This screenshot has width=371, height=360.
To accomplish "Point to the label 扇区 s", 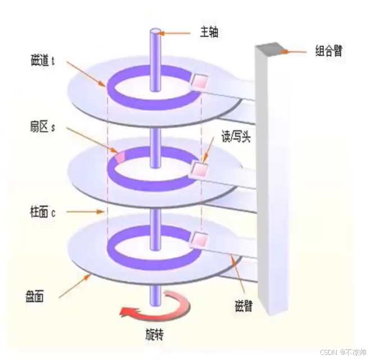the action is click(43, 127).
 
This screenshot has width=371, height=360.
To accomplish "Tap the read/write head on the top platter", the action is click(200, 83).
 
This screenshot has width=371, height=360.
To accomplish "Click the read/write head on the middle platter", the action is click(199, 168).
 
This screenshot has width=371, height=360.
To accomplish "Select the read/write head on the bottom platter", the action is click(198, 240).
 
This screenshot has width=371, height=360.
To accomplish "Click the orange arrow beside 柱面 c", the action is click(83, 212).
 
